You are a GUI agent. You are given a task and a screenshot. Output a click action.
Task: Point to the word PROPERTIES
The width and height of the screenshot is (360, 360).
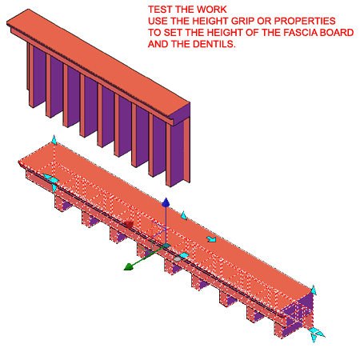click(x=305, y=21)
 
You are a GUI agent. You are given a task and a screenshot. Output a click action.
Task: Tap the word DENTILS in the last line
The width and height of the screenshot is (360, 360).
click(x=214, y=44)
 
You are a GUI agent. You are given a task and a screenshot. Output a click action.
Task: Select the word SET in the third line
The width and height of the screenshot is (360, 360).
click(x=173, y=33)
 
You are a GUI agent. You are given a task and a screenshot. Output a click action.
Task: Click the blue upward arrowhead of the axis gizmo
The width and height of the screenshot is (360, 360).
click(x=166, y=202)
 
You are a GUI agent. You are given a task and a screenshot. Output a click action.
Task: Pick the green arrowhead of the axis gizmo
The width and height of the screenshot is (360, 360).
click(x=129, y=266)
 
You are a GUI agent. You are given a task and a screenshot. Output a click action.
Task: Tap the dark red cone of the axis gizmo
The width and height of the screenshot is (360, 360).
click(x=129, y=225)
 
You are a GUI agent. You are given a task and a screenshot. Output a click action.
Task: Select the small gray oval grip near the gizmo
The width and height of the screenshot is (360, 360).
click(x=177, y=258)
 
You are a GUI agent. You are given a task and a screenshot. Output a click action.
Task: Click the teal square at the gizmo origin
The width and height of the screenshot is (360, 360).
click(x=166, y=246)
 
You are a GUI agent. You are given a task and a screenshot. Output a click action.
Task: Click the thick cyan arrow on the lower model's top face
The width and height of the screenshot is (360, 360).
click(x=211, y=239)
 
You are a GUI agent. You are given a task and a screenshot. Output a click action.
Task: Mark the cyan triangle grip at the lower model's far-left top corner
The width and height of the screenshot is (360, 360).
click(x=54, y=140)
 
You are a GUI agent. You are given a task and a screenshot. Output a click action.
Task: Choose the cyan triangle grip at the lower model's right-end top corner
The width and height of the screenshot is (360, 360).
click(x=314, y=290)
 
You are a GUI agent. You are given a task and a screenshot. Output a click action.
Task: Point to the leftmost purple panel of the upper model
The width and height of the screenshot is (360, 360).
click(x=39, y=75)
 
